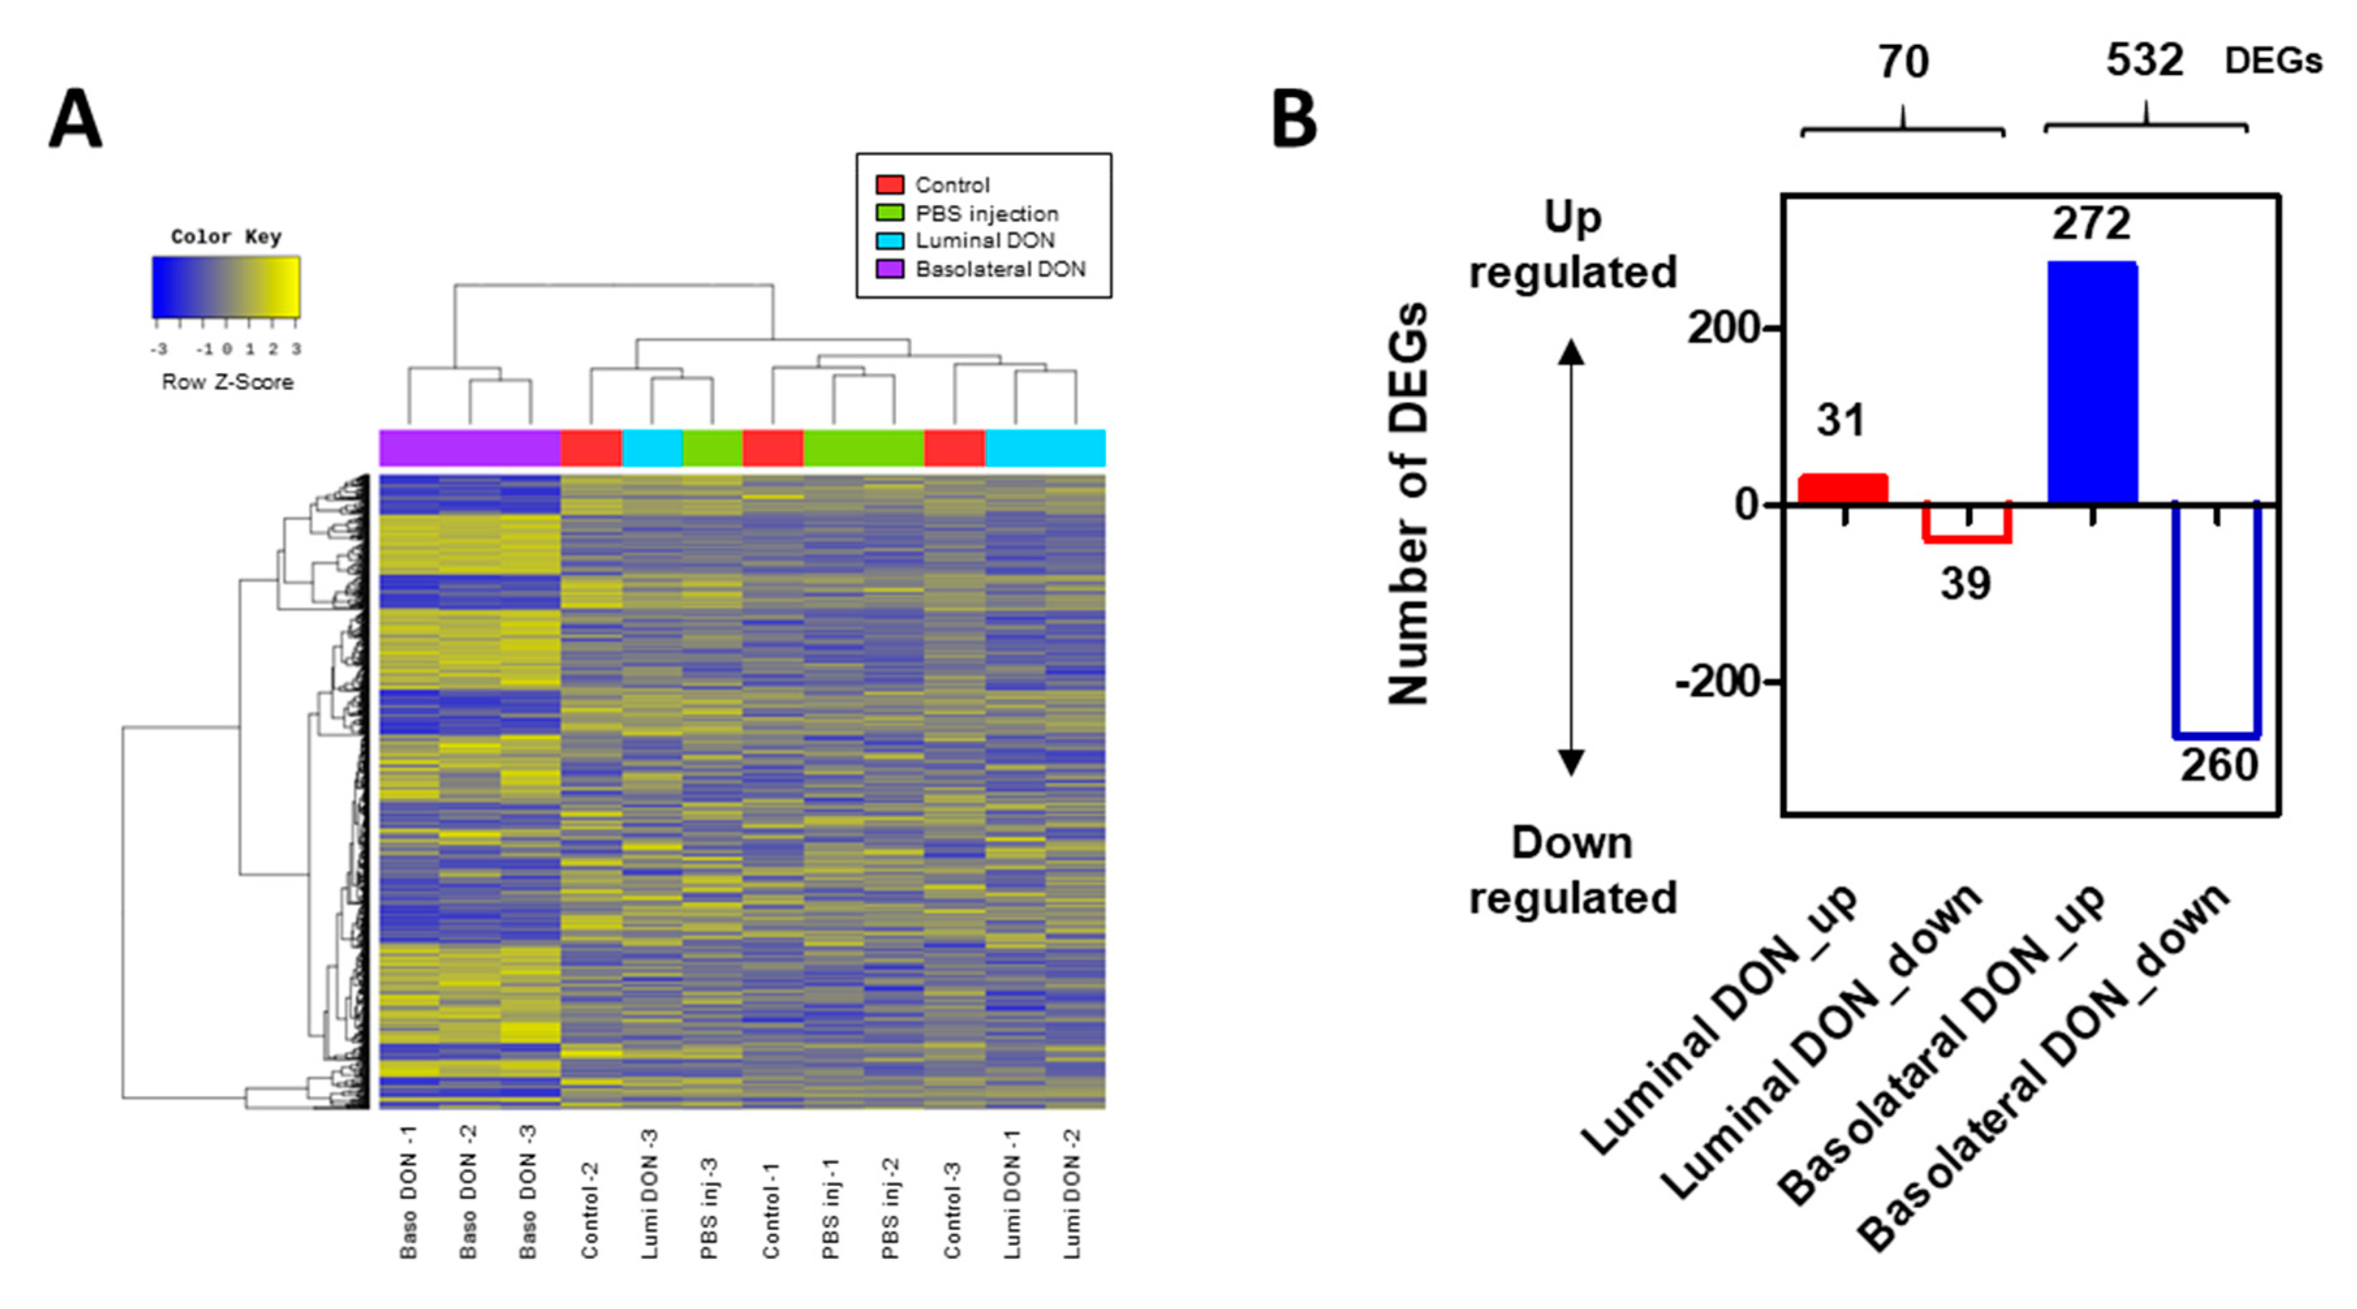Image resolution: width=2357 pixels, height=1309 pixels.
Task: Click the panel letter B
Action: click(1294, 119)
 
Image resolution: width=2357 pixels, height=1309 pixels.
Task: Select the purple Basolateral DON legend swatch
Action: click(889, 269)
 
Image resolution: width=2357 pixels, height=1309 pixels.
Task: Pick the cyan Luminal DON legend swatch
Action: click(889, 241)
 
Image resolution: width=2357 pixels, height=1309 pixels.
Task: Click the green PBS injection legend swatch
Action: click(889, 213)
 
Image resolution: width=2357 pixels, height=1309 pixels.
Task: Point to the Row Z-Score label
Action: click(227, 382)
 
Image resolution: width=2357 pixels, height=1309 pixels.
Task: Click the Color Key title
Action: click(226, 237)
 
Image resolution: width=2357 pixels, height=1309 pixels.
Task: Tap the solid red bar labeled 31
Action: click(1843, 488)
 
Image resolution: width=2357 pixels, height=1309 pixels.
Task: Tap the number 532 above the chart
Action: click(2144, 61)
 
